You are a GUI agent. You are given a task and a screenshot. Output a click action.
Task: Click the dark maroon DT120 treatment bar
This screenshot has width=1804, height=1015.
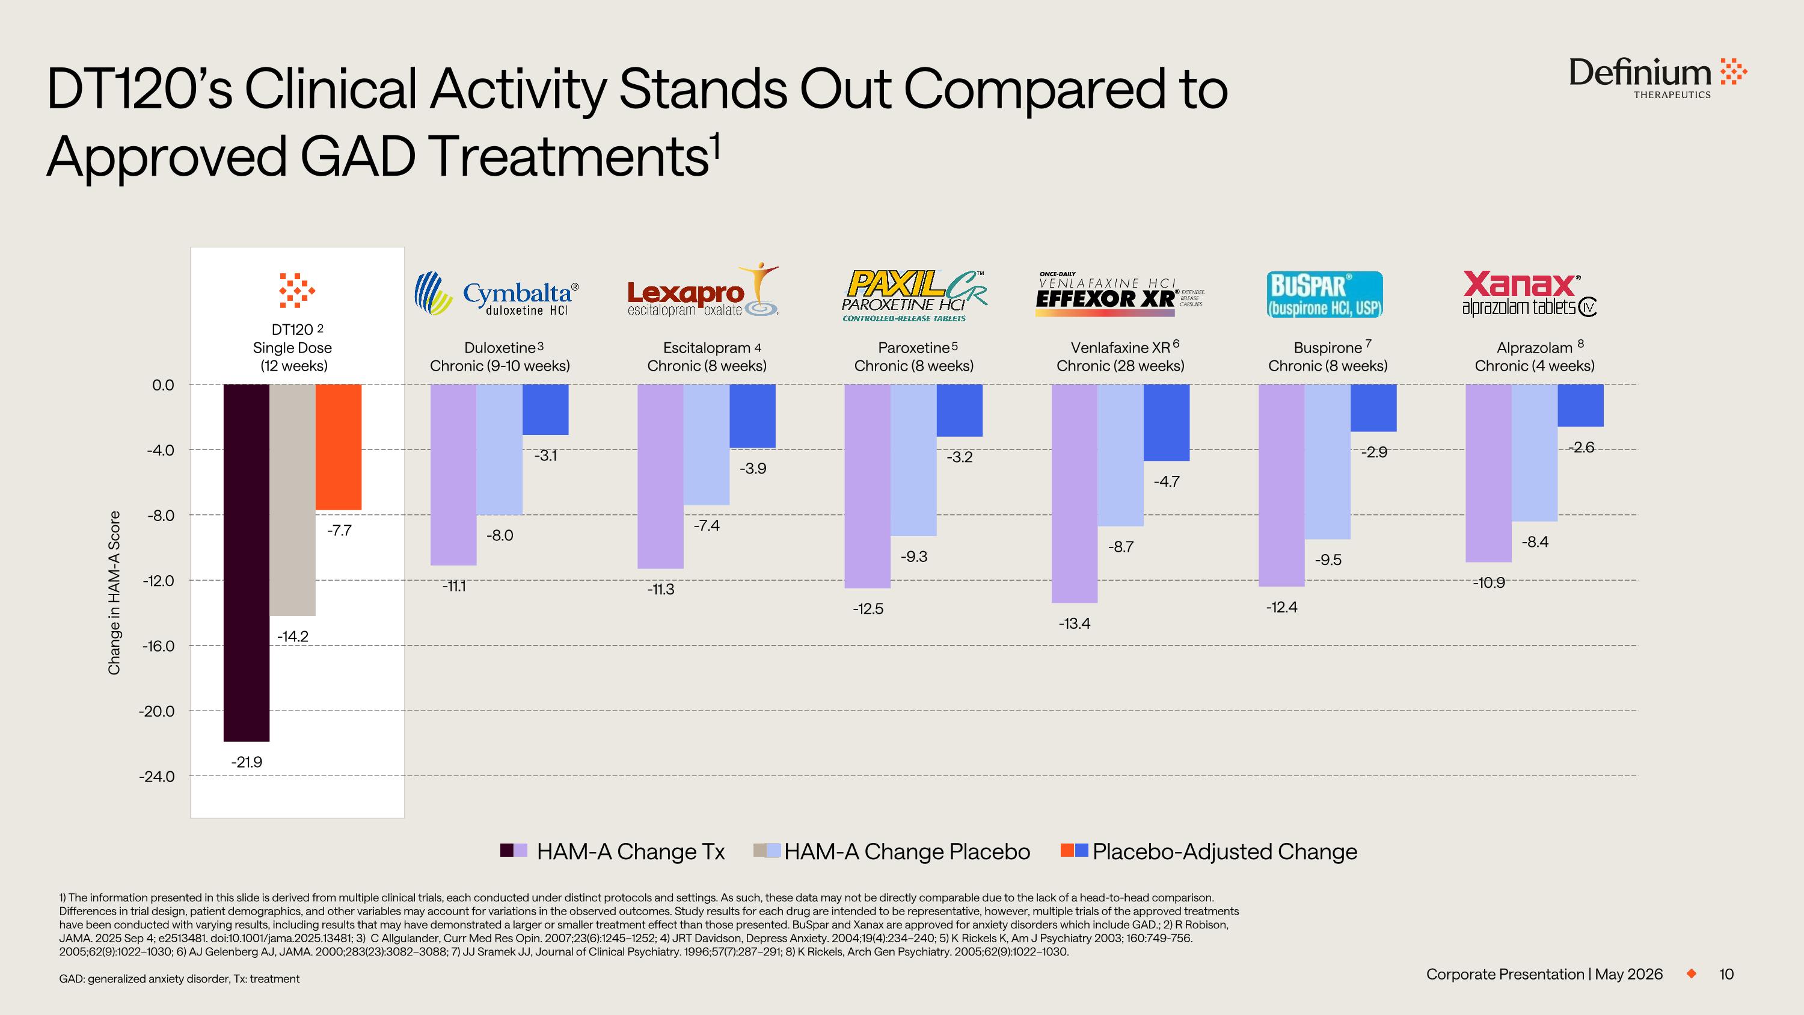tap(247, 563)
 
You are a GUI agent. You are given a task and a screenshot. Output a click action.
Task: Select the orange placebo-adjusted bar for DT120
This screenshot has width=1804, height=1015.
tap(338, 447)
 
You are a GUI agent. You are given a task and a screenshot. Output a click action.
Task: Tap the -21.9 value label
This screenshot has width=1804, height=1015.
tap(247, 762)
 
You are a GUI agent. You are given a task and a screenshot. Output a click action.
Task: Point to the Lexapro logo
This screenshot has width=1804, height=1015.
tap(703, 290)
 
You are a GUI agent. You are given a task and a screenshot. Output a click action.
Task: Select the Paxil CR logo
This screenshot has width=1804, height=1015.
tap(915, 295)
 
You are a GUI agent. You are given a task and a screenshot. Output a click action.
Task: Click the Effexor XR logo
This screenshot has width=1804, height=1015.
tap(1119, 295)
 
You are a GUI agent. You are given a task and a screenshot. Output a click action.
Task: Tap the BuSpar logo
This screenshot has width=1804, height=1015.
tap(1325, 294)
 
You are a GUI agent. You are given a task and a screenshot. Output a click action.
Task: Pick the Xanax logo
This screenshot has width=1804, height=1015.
tap(1529, 294)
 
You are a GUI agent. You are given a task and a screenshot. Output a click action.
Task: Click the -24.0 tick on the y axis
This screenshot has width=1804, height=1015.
tap(157, 776)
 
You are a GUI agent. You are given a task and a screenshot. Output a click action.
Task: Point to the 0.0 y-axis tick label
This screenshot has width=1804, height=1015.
tap(163, 384)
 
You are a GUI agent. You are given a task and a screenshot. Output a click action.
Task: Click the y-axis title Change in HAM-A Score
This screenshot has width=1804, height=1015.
tap(114, 593)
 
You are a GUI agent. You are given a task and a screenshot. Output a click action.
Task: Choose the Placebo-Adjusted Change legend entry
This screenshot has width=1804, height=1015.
tap(1209, 851)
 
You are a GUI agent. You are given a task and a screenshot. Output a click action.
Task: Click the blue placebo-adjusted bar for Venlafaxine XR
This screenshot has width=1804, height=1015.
tap(1166, 422)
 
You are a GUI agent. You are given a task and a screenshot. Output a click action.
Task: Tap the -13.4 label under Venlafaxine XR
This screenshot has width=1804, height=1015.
tap(1074, 623)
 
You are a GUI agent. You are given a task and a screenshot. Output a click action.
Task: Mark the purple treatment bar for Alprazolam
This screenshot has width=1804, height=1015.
tap(1488, 473)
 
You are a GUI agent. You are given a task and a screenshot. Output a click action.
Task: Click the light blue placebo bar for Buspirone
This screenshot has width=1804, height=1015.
tap(1327, 461)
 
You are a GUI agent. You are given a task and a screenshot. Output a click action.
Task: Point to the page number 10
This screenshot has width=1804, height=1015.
tap(1726, 974)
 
